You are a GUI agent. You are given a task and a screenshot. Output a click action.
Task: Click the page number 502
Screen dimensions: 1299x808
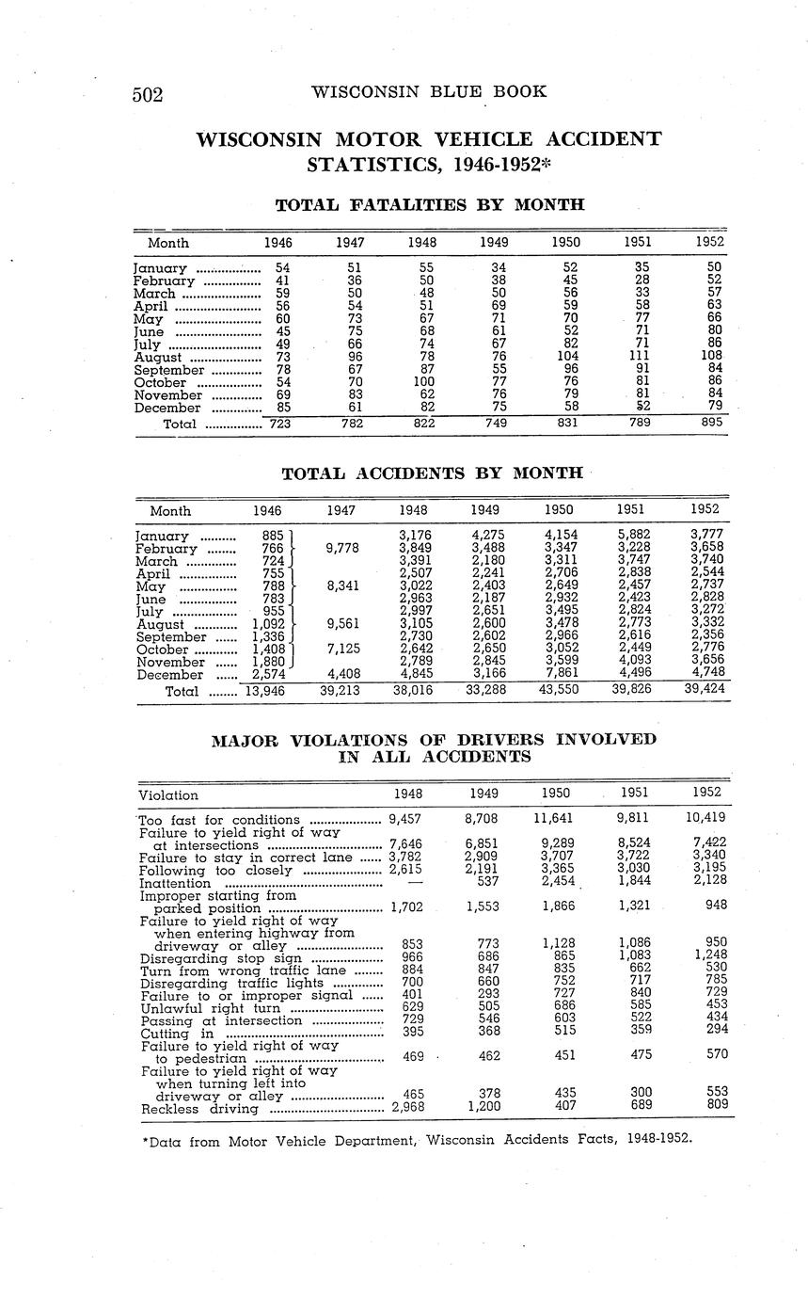(x=149, y=94)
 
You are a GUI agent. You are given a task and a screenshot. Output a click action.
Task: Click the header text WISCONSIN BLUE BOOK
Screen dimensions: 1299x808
(x=429, y=91)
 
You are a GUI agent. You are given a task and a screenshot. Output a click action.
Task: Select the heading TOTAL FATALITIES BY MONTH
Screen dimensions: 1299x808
(x=430, y=204)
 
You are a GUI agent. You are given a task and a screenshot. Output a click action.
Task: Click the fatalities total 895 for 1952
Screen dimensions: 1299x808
(x=712, y=424)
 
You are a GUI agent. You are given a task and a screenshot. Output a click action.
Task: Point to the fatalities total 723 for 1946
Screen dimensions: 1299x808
(x=279, y=424)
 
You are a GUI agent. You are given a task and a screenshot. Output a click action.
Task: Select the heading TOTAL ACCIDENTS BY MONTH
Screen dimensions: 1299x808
(x=432, y=473)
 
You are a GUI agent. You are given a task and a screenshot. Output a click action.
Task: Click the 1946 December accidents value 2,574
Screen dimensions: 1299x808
(x=269, y=674)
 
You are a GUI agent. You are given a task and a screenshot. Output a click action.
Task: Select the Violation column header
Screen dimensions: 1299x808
(x=168, y=795)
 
